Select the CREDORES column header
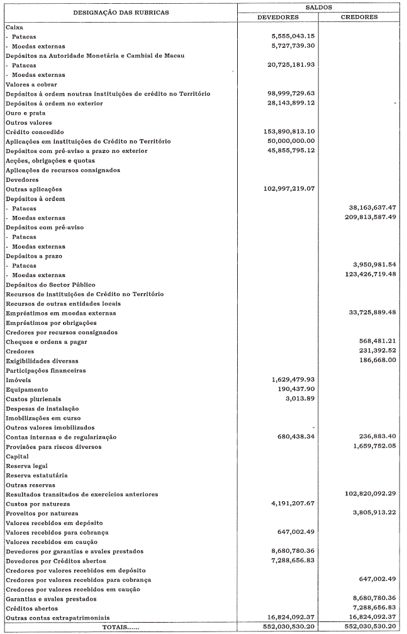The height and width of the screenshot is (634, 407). pos(359,17)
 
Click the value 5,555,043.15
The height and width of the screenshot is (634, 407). pos(292,37)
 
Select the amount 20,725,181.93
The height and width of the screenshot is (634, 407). pos(289,65)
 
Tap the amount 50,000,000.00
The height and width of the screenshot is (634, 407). pos(289,141)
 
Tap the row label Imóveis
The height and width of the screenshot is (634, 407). pos(18,380)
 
